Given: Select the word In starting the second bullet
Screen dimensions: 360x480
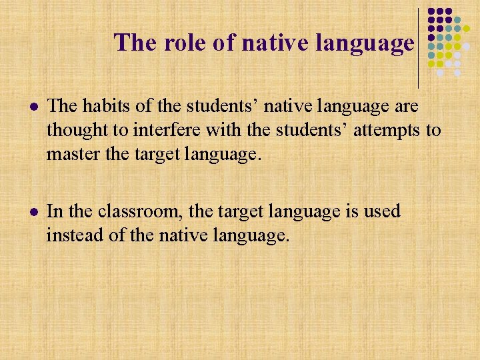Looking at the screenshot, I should click(x=55, y=212).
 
